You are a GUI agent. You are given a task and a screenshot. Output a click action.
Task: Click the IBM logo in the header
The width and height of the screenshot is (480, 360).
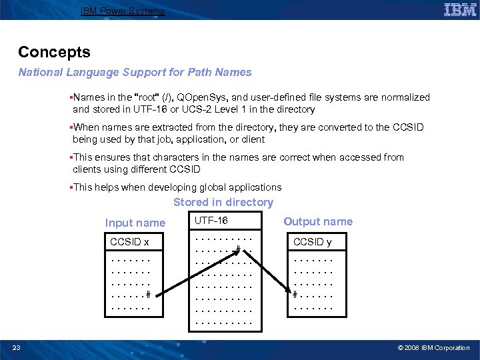(x=460, y=9)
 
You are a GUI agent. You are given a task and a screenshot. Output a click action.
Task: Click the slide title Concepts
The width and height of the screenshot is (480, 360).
(x=54, y=52)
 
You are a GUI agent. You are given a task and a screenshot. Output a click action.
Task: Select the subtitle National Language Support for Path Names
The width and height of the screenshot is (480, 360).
(x=135, y=72)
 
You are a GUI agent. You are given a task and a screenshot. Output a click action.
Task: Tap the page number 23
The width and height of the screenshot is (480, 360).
(x=17, y=347)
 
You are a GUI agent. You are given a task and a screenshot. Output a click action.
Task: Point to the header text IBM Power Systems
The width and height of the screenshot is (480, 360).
(x=122, y=11)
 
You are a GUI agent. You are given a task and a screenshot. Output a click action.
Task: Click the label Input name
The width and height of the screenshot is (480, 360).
(x=135, y=223)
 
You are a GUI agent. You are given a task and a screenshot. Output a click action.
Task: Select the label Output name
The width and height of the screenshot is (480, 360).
(x=318, y=221)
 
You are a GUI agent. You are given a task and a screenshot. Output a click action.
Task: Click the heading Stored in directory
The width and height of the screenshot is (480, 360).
(x=223, y=202)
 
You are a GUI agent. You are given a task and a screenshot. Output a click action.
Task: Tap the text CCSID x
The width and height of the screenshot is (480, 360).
(x=129, y=242)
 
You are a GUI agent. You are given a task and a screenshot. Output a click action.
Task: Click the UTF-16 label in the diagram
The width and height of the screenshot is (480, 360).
(x=211, y=219)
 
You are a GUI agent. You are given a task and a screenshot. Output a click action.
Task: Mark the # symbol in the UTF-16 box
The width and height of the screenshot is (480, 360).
(x=237, y=251)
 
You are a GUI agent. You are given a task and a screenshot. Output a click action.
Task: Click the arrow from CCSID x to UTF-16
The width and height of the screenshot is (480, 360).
(x=193, y=273)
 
